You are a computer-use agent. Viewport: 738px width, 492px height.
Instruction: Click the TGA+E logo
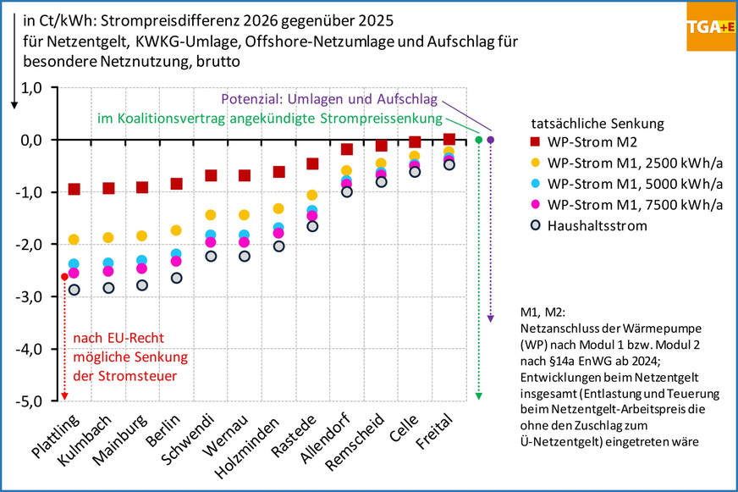(x=710, y=26)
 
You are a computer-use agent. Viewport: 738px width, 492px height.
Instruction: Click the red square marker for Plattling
(x=74, y=189)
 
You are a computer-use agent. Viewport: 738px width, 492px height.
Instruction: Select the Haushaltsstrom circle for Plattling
(x=74, y=290)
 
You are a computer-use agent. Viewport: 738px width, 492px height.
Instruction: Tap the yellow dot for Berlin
(x=176, y=230)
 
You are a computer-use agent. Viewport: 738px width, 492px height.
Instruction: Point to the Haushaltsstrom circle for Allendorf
(x=346, y=191)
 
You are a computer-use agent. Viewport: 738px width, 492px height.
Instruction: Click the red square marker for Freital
(x=449, y=139)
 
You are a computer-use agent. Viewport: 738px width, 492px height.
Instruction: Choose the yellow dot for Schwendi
(x=211, y=215)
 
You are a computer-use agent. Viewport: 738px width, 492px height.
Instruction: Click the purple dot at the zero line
(x=491, y=140)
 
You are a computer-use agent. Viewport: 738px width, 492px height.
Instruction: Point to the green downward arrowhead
(x=479, y=395)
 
